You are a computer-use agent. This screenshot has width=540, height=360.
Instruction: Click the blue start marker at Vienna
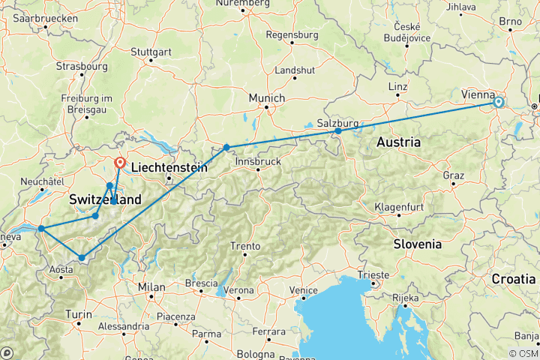pyautogui.click(x=498, y=102)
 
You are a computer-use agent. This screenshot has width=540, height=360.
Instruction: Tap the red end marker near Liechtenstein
pyautogui.click(x=120, y=162)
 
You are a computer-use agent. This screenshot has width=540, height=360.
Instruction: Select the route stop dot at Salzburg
pyautogui.click(x=338, y=131)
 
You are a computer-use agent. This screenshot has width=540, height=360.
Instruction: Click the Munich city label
pyautogui.click(x=267, y=98)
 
